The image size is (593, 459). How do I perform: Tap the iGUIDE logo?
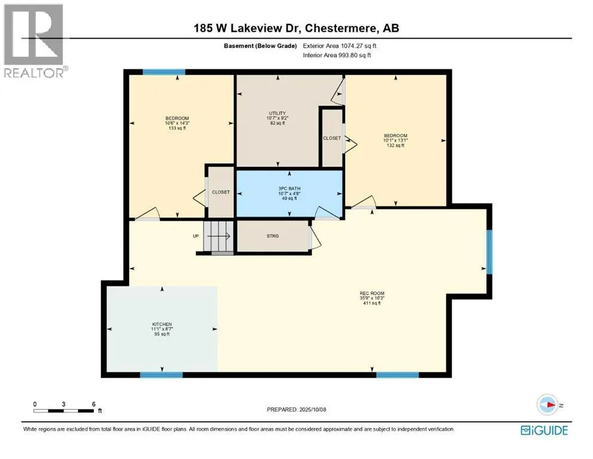544,431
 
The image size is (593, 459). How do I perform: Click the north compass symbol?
547,405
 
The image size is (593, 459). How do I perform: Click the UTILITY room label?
278,118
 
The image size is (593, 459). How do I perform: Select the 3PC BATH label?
289,194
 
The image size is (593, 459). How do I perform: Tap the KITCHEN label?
162,329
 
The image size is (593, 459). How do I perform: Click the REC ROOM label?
372,298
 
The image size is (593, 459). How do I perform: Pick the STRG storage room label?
273,236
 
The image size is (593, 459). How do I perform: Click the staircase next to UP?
218,237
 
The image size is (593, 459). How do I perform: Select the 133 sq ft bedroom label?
177,123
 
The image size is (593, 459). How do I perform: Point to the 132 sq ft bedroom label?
395,140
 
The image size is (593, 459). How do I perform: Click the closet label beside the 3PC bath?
221,192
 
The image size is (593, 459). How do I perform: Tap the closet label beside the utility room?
331,139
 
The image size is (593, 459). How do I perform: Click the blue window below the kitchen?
161,375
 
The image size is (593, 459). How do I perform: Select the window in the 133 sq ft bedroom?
164,72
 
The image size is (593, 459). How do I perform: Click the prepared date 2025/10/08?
296,409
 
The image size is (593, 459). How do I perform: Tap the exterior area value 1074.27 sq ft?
340,46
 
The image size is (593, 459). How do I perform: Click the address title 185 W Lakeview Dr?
246,28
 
